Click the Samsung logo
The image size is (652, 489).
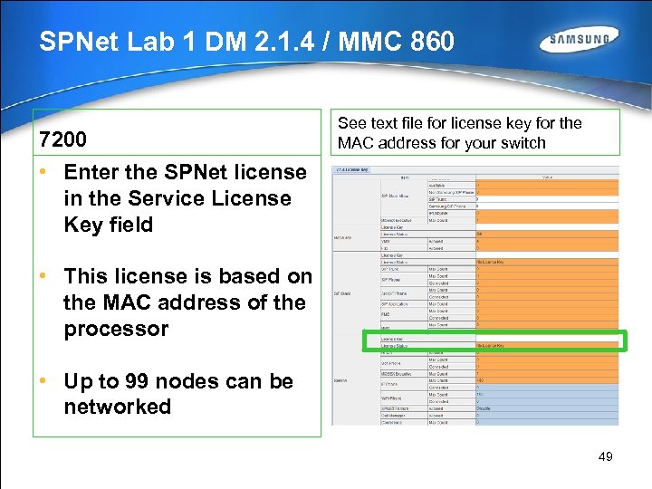(580, 41)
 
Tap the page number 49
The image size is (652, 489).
(606, 456)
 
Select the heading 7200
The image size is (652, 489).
(62, 139)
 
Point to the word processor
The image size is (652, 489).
(116, 329)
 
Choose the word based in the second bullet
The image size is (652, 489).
(235, 276)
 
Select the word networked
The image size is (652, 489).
(117, 407)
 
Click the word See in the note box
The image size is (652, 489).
(351, 123)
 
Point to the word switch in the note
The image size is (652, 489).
(523, 142)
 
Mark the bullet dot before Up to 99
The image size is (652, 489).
(43, 380)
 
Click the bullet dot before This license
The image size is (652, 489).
(43, 275)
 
